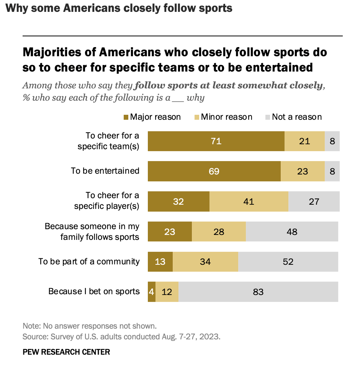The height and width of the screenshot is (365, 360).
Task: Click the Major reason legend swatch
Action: pos(126,117)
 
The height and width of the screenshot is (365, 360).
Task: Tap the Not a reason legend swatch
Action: pos(267,117)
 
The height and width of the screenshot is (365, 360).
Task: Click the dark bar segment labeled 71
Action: pos(216,141)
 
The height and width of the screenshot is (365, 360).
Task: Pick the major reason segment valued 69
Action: pos(214,171)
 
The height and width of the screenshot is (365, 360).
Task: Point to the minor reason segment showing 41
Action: pos(249,201)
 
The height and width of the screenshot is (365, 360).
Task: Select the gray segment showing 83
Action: pos(258,292)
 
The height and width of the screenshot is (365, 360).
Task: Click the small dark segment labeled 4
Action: pos(152,292)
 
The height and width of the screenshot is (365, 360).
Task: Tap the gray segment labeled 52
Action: pos(288,262)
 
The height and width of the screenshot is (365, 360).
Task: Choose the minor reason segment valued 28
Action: pos(219,231)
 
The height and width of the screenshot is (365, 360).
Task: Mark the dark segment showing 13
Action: pos(160,262)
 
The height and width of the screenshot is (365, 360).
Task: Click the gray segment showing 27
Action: pos(314,201)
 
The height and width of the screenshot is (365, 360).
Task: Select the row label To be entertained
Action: pos(105,171)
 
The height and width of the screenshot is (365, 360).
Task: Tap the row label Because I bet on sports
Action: pos(94,292)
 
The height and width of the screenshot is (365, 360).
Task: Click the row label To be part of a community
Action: pos(89,261)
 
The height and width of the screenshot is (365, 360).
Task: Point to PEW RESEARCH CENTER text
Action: pos(66,352)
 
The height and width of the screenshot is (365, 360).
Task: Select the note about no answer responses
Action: pos(90,326)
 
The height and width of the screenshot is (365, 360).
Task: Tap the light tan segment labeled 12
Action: pos(167,292)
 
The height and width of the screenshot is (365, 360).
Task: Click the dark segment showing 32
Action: pos(178,201)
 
